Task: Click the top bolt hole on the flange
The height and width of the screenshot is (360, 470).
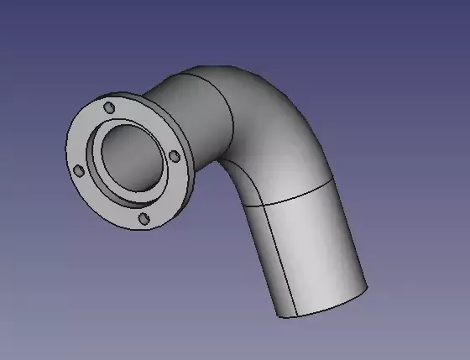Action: click(109, 108)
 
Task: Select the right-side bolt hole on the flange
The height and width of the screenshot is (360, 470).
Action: click(173, 156)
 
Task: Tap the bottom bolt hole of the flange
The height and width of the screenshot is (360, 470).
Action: click(144, 218)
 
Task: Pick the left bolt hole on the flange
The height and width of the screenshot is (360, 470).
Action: click(79, 170)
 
